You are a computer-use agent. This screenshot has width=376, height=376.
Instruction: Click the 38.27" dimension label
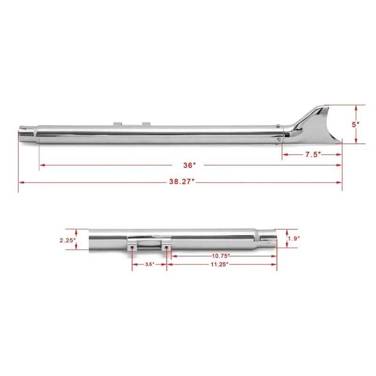181,181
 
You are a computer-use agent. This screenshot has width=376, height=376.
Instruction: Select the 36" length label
189,165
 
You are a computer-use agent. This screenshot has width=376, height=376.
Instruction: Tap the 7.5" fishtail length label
313,155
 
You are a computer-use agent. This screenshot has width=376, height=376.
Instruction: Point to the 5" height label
355,125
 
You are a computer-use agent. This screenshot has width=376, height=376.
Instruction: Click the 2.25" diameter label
68,240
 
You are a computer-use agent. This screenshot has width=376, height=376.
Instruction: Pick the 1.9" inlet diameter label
294,238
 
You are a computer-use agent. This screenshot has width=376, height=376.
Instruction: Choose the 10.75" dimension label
220,256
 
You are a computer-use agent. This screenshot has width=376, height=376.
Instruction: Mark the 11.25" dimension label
219,264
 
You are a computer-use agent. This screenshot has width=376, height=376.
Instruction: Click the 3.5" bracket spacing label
149,264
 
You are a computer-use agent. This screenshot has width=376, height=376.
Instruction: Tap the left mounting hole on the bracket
132,247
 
